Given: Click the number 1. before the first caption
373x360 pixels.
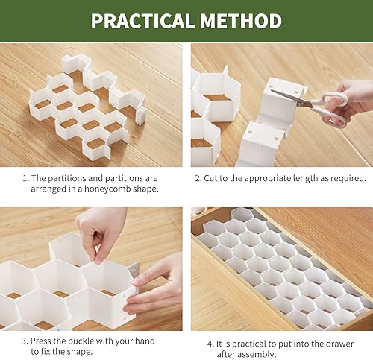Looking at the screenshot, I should point(25,179).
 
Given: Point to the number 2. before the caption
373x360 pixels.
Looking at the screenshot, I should point(199,179).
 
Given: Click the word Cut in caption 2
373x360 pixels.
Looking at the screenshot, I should point(214,179).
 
